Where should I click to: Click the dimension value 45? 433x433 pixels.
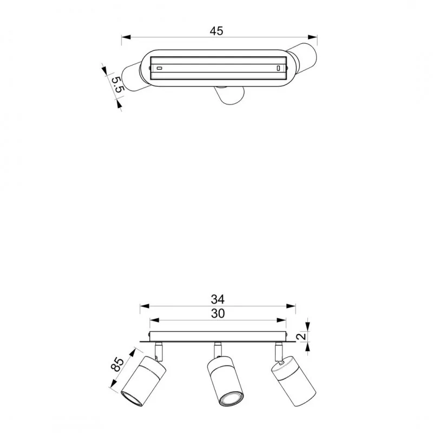coord(216,31)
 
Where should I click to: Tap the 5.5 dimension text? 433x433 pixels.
coord(118,84)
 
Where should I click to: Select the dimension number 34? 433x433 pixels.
coord(218,299)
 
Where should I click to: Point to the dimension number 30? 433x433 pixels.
coord(218,314)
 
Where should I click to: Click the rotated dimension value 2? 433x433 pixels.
coord(303,336)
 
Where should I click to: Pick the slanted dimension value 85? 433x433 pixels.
coord(117,364)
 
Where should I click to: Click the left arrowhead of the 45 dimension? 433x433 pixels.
coord(126,37)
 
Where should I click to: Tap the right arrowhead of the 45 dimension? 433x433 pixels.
coord(313,37)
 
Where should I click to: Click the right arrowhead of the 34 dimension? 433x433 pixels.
coord(291,306)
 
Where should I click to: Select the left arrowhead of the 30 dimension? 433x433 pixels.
coord(155,320)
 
